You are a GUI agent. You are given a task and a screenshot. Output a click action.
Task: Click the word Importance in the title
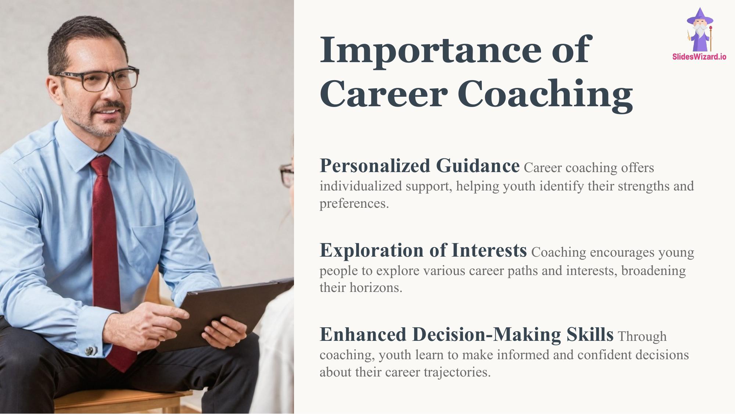click(430, 51)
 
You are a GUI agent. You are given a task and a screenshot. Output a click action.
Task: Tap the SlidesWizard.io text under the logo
click(699, 57)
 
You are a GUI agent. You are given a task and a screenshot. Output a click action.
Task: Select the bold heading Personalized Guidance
click(420, 166)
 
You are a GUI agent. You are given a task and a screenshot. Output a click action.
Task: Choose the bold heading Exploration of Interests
click(423, 250)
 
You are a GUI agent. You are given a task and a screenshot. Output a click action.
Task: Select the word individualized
click(361, 186)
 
